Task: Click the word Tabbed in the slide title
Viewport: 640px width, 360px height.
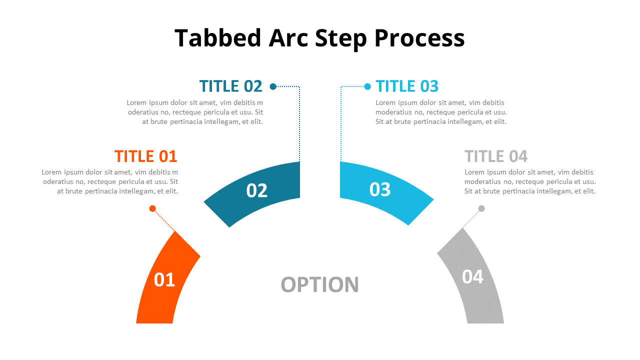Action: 217,38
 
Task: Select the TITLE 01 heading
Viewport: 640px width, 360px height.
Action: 145,156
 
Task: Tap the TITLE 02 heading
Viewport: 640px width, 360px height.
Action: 230,86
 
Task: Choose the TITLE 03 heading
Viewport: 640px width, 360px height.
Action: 407,86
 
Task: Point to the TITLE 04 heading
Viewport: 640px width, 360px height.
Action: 496,156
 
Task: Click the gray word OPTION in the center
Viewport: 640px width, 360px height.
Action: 320,285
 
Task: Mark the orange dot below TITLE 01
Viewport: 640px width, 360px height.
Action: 152,208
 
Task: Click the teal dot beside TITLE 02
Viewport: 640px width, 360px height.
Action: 273,86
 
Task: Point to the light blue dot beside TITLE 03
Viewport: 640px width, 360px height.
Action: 367,86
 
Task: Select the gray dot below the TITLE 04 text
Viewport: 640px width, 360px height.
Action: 481,208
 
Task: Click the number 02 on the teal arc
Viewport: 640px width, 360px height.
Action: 257,190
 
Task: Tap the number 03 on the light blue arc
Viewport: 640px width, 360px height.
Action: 380,189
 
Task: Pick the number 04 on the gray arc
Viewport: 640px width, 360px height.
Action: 472,276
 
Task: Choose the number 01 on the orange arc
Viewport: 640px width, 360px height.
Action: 164,280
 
